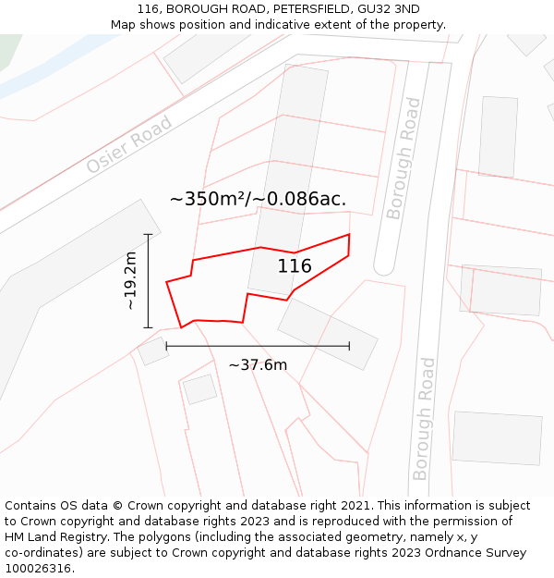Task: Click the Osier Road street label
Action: [x=129, y=144]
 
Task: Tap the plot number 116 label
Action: [x=295, y=266]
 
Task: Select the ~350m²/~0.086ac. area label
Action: [x=258, y=199]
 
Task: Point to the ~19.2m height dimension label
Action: [x=130, y=281]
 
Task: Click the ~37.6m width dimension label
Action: [x=258, y=364]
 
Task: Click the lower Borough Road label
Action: [x=423, y=418]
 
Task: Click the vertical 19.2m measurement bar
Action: [x=148, y=281]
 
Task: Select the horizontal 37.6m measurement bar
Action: [x=258, y=346]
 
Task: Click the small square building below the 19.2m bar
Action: [x=153, y=351]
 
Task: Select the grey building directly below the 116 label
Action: [x=328, y=334]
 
